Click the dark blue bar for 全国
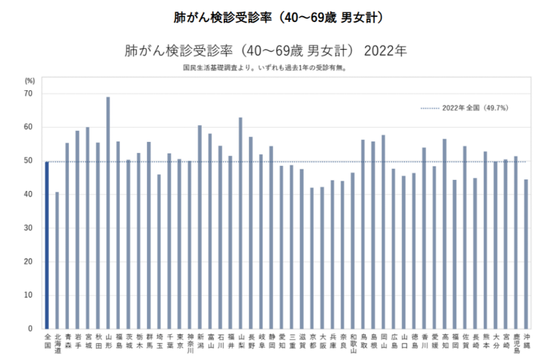(47, 245)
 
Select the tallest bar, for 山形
(108, 213)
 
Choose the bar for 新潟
(200, 226)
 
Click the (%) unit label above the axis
(30, 81)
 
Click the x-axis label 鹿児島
(516, 343)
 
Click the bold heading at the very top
(279, 17)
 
